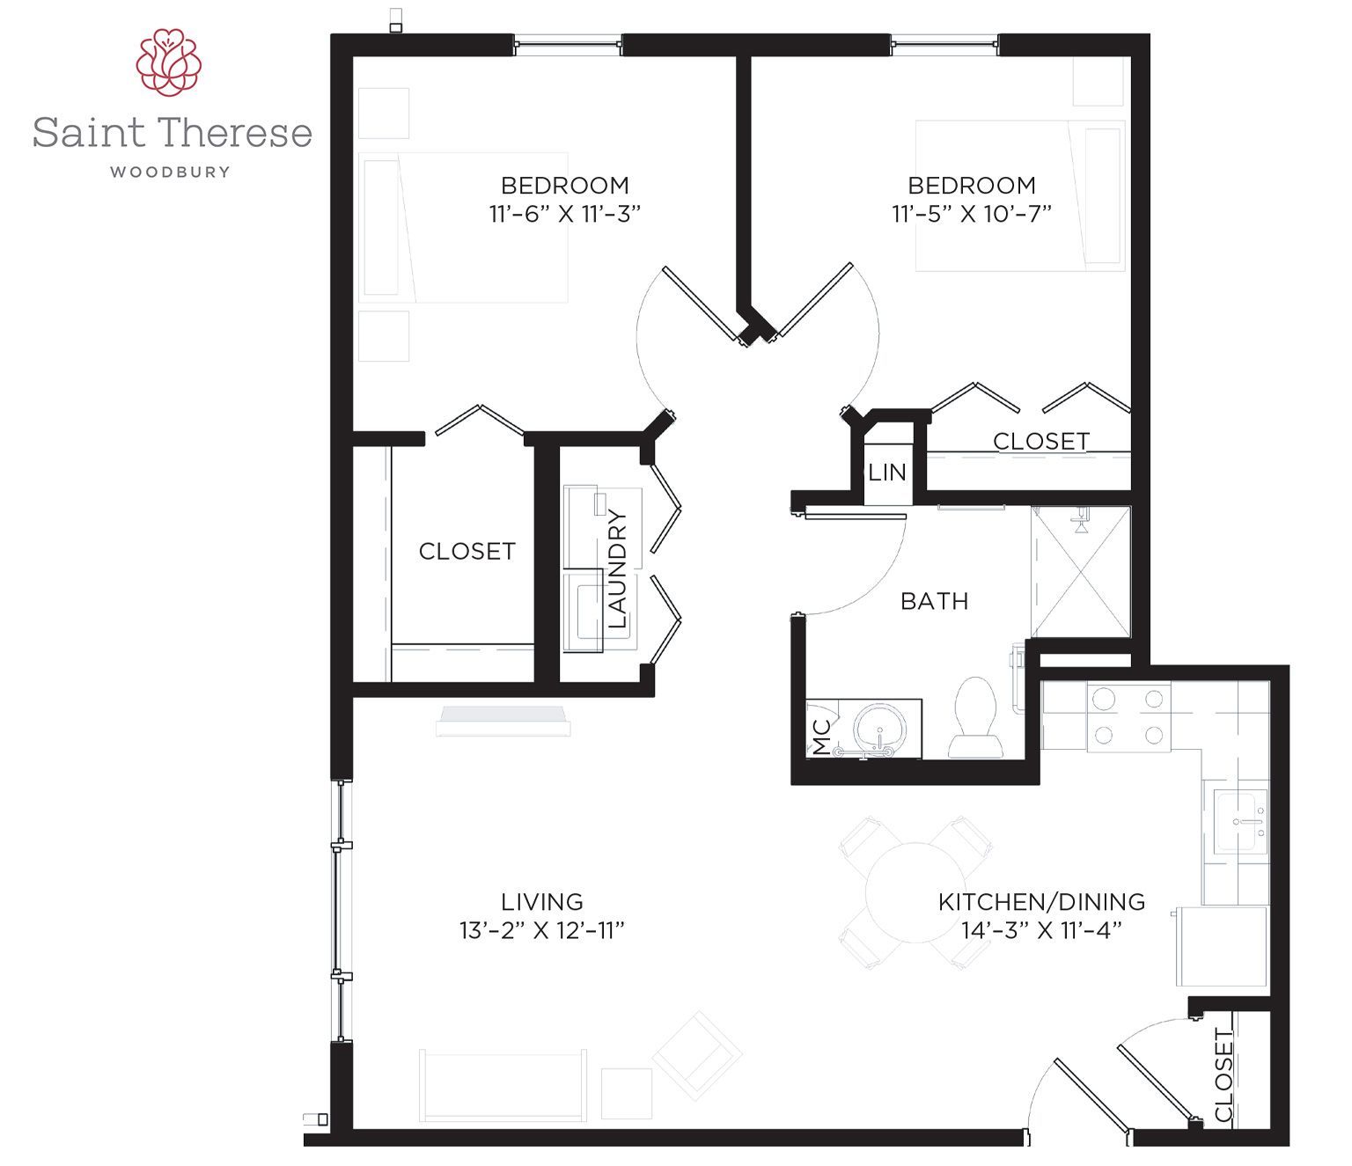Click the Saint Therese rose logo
[x=169, y=62]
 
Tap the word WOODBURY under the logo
[x=170, y=172]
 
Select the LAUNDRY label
[x=617, y=568]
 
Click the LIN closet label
[x=887, y=473]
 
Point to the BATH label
[x=934, y=601]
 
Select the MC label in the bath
[x=821, y=737]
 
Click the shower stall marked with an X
[x=1081, y=571]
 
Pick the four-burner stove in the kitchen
[x=1128, y=716]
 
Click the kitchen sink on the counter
[x=1240, y=821]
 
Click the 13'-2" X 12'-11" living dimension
[x=541, y=930]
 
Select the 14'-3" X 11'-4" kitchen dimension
[x=1041, y=930]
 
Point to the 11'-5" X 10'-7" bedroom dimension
[x=972, y=214]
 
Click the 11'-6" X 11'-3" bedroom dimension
[x=564, y=214]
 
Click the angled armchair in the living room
[x=697, y=1055]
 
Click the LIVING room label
[x=541, y=902]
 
